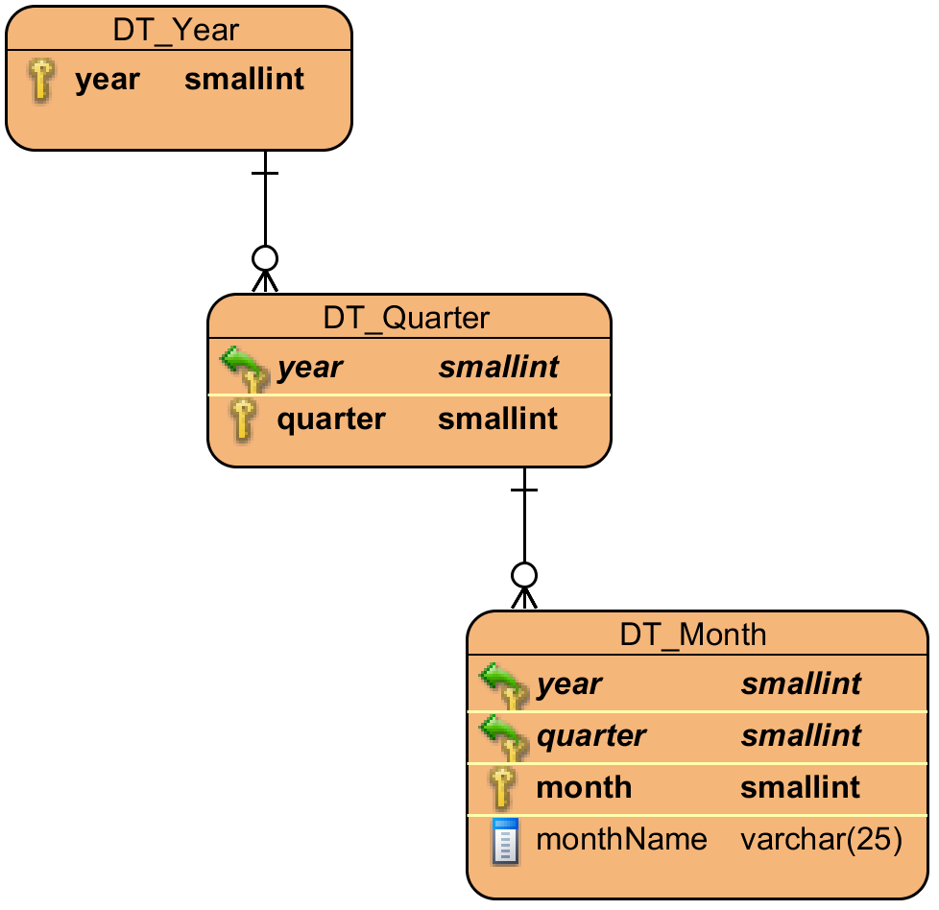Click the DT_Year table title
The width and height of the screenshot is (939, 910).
pos(176,30)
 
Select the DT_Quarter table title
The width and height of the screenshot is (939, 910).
pos(406,318)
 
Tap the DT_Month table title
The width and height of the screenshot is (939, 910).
pos(693,635)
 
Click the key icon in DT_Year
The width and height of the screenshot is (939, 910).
pos(40,80)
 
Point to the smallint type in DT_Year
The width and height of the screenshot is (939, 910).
pos(244,80)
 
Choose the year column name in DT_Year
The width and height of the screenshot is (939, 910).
pos(108,80)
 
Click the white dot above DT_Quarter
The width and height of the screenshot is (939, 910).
pos(265,258)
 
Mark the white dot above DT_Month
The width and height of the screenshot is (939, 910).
pos(524,575)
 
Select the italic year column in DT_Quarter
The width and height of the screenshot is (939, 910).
pos(309,368)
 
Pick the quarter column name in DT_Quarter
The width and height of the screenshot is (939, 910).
pos(331,419)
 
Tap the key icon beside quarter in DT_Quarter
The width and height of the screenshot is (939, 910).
pos(243,420)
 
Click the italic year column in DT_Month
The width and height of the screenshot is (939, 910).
pos(568,684)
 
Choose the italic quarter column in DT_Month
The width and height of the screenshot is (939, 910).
pos(590,736)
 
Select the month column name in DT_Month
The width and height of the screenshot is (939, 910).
pos(584,788)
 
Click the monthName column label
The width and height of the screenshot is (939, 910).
pos(621,840)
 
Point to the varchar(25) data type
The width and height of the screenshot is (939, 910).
pos(821,840)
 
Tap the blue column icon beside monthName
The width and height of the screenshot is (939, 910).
pos(504,841)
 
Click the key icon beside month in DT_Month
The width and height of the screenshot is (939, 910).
pos(502,789)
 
